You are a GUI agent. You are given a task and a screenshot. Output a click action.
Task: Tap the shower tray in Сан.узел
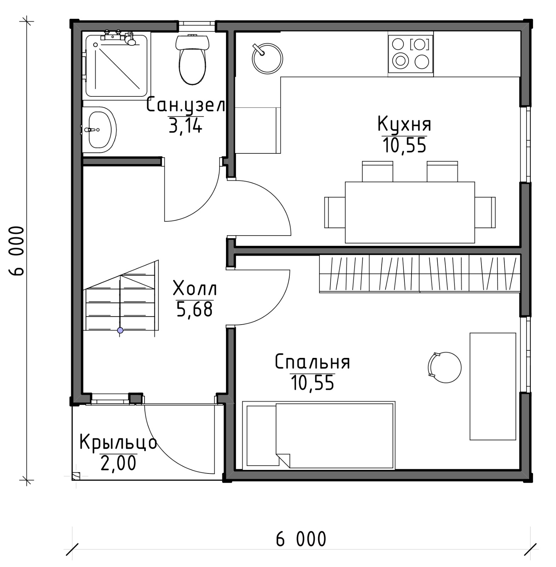(x=117, y=65)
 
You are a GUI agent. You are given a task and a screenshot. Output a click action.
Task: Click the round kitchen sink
(x=267, y=58)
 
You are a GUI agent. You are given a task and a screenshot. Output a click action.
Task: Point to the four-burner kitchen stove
(x=411, y=54)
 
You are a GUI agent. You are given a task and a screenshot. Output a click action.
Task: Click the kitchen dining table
(x=410, y=212)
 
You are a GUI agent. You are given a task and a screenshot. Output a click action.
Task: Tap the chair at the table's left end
(x=335, y=212)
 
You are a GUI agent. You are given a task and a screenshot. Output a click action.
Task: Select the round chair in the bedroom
(x=445, y=367)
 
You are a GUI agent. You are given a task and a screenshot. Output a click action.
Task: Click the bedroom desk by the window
(x=493, y=386)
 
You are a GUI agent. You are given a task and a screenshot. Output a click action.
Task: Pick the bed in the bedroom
(x=318, y=435)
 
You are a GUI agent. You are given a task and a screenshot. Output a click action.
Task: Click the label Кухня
(x=404, y=124)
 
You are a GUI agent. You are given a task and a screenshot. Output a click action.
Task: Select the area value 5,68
(x=194, y=309)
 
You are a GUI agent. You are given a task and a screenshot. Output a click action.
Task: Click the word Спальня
(x=312, y=362)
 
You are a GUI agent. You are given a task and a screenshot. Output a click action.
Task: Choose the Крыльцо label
(x=118, y=442)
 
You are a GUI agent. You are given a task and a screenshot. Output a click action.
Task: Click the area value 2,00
(x=118, y=463)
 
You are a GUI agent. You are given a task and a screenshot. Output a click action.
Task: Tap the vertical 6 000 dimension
(x=17, y=251)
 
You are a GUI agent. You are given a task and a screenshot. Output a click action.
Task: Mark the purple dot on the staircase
(x=120, y=330)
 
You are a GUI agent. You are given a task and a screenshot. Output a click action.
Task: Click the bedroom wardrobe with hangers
(x=420, y=274)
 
